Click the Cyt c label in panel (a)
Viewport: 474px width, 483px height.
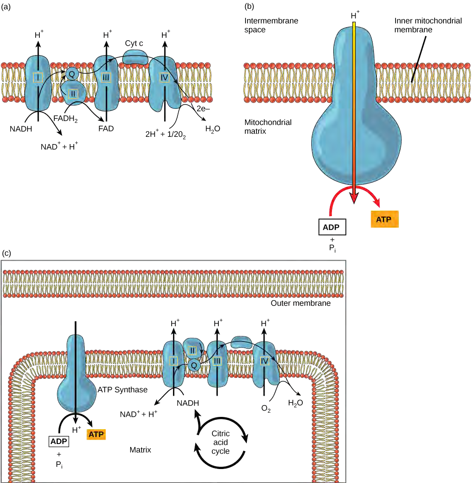tap(134, 43)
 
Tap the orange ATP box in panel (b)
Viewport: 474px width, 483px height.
tap(384, 219)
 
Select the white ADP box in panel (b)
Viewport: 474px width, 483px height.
tap(331, 227)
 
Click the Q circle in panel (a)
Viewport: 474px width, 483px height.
tap(72, 74)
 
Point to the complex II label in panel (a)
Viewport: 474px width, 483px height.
tap(73, 93)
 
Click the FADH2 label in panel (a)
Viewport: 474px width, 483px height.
tap(65, 119)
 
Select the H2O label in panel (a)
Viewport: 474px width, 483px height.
tap(212, 129)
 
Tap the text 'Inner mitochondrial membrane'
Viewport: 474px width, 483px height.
tap(427, 25)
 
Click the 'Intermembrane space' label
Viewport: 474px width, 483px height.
tap(271, 25)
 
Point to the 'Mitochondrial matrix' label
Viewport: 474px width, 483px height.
tap(268, 126)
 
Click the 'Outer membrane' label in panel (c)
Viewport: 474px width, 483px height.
tap(301, 303)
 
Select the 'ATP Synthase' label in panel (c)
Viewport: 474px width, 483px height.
tap(123, 389)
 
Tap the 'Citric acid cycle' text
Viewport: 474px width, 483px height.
tap(220, 442)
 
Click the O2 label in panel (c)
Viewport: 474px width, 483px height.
tap(266, 409)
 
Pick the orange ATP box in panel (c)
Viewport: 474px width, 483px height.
tap(96, 435)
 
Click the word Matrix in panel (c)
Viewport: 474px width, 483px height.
tap(140, 450)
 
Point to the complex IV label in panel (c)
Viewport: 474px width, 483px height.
tap(265, 361)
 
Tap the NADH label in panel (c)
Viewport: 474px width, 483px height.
tap(188, 402)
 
